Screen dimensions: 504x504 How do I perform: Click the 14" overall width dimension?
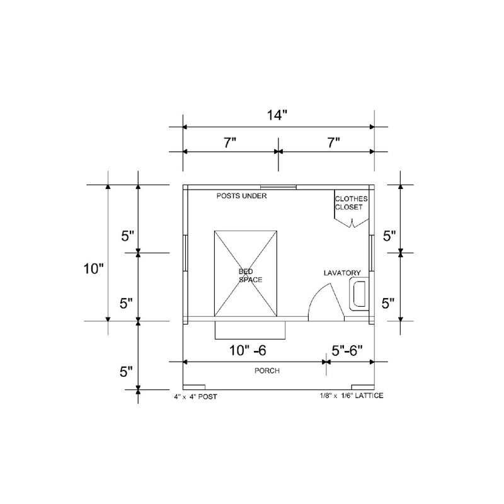point(277,115)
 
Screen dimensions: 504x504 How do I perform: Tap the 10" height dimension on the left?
point(93,269)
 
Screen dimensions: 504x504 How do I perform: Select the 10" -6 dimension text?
point(248,350)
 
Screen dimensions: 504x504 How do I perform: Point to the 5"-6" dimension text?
point(347,350)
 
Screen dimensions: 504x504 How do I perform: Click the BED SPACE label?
point(250,276)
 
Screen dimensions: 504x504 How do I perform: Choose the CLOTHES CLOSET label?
point(352,203)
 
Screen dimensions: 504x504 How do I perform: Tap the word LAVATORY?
point(342,273)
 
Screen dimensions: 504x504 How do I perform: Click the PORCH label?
point(267,370)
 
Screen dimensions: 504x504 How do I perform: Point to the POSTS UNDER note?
point(241,196)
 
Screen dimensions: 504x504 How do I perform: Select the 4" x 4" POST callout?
point(196,397)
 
